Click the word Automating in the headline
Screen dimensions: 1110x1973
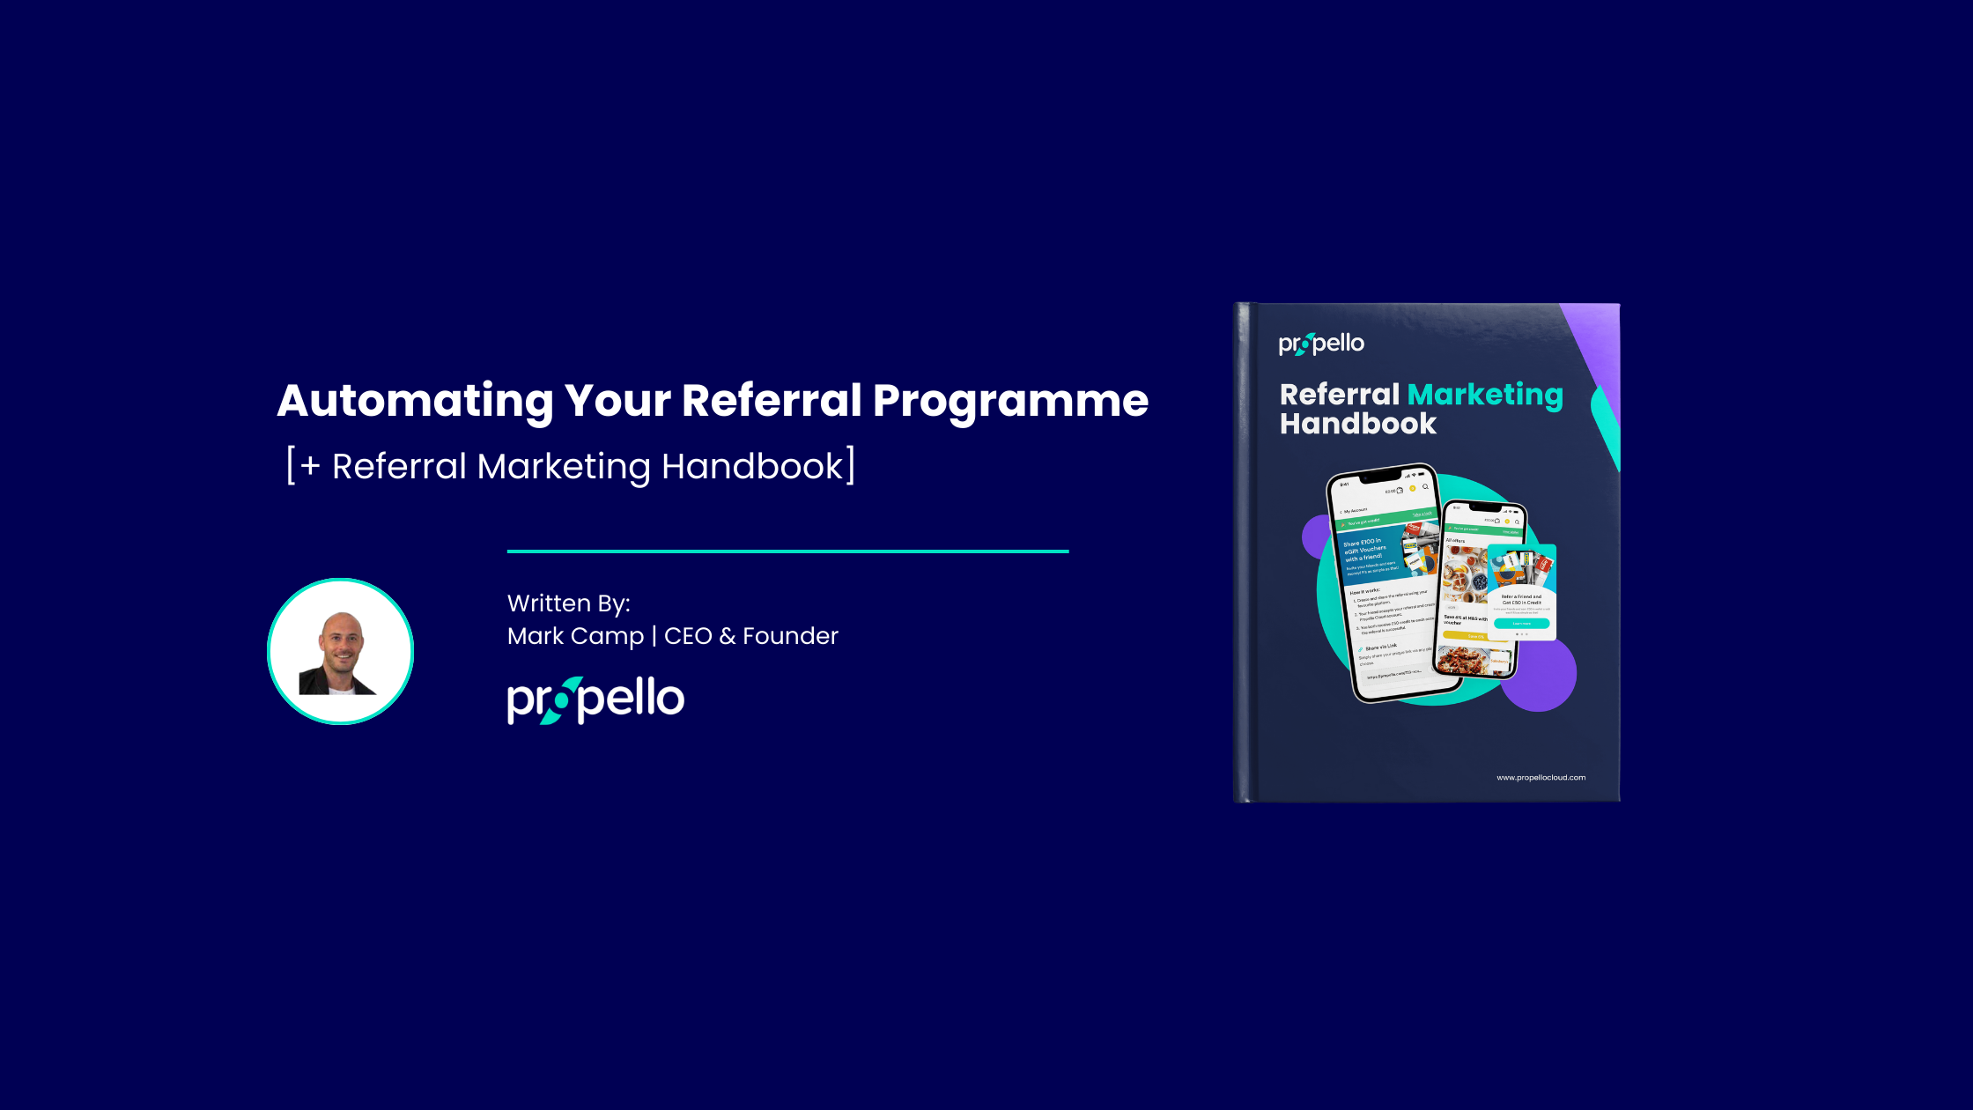click(414, 402)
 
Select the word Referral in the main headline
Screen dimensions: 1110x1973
click(772, 402)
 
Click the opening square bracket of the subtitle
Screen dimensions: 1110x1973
click(291, 465)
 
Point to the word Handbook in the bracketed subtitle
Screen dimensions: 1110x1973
click(752, 466)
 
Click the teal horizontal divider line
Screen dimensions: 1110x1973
click(787, 551)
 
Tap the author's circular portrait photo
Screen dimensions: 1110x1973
click(340, 652)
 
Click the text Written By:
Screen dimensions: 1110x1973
click(569, 603)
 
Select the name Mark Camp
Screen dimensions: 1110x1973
click(575, 636)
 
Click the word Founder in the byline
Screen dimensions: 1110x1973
click(790, 636)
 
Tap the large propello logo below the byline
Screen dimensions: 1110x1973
click(595, 700)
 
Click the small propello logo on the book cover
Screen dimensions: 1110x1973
click(1321, 344)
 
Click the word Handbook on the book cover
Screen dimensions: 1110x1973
click(1357, 424)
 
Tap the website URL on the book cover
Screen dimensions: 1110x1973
click(1541, 777)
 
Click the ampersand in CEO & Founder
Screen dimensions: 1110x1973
click(727, 636)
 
